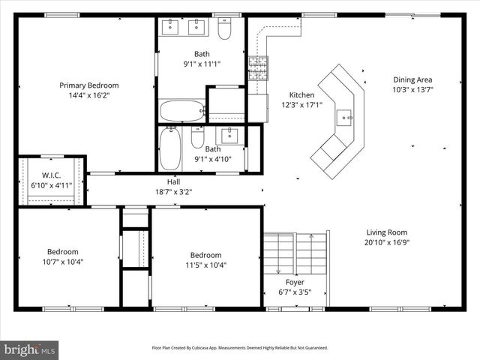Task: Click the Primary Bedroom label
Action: pyautogui.click(x=88, y=85)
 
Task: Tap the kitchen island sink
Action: pyautogui.click(x=344, y=117)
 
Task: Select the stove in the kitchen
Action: pyautogui.click(x=257, y=67)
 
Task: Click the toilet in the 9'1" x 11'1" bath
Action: pyautogui.click(x=224, y=28)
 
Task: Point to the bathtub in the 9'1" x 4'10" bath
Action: pyautogui.click(x=171, y=148)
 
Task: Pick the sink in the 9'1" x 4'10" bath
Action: pyautogui.click(x=228, y=136)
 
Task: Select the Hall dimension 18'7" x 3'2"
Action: pyautogui.click(x=173, y=191)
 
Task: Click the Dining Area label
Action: pyautogui.click(x=412, y=79)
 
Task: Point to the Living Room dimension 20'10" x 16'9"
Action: pyautogui.click(x=387, y=242)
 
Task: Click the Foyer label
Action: pyautogui.click(x=295, y=282)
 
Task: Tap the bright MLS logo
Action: pyautogui.click(x=30, y=349)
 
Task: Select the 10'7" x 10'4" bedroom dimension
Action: pyautogui.click(x=63, y=262)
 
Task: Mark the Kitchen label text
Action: pyautogui.click(x=301, y=95)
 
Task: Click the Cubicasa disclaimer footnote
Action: pyautogui.click(x=239, y=348)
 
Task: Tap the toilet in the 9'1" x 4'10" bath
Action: pyautogui.click(x=197, y=138)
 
